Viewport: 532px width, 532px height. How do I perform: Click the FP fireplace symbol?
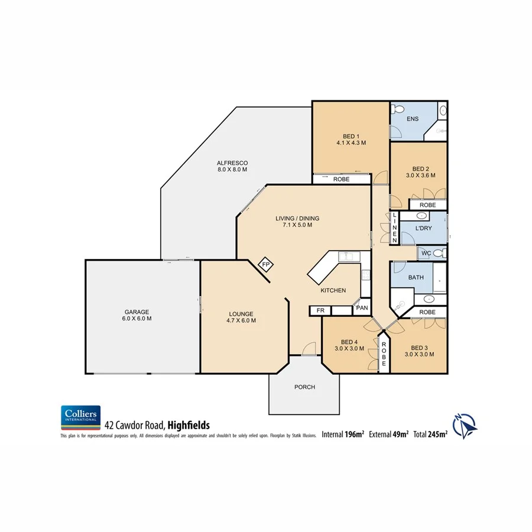tap(266, 265)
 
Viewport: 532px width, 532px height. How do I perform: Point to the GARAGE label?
tap(137, 313)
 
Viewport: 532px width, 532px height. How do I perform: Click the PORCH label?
tap(304, 387)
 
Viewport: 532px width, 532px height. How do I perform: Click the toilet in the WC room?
tap(438, 253)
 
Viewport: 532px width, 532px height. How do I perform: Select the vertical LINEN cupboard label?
tap(395, 228)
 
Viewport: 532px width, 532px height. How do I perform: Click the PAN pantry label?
tap(362, 308)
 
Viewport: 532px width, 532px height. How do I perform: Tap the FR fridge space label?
tap(320, 310)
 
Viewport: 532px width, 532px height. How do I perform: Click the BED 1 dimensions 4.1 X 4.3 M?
tap(351, 142)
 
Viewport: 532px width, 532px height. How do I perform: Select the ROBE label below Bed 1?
tap(341, 179)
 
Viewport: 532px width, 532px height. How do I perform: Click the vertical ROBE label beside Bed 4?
tap(383, 353)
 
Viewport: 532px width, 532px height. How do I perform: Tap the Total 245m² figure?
tap(430, 434)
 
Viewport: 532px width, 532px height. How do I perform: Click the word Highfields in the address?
tap(188, 424)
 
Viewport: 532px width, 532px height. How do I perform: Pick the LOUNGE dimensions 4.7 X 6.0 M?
tap(241, 320)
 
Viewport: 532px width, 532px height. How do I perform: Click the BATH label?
tap(416, 277)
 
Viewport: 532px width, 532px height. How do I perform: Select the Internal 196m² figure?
tap(342, 434)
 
